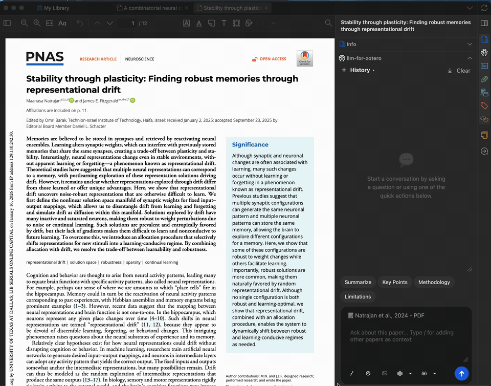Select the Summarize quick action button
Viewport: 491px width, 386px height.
358,282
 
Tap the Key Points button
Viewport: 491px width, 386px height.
395,282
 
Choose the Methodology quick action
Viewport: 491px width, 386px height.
434,282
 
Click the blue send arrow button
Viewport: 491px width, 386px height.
461,374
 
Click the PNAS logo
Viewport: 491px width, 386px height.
45,58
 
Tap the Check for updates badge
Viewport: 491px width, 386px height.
305,58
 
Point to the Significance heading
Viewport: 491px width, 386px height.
250,145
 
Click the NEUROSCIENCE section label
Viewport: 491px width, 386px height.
140,59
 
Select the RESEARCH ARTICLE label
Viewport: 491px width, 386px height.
98,59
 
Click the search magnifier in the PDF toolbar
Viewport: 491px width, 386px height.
329,23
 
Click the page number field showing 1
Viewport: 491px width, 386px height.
132,23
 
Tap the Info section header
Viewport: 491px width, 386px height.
351,44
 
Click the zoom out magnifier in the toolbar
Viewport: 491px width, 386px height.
24,23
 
